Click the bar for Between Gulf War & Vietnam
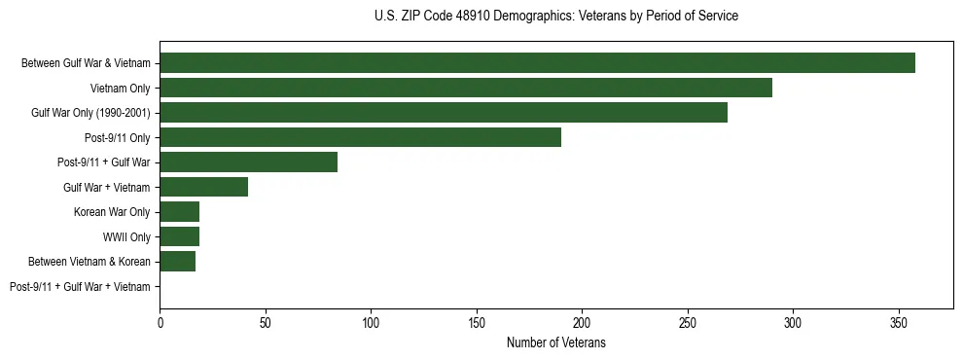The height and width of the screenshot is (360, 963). [537, 63]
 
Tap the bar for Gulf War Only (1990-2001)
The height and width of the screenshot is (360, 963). [444, 113]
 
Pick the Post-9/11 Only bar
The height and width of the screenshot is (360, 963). [360, 137]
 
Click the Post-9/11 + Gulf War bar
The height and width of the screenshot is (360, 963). [248, 162]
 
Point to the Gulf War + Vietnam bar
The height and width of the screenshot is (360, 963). [203, 187]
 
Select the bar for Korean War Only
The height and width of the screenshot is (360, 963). [179, 212]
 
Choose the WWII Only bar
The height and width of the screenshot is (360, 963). [179, 236]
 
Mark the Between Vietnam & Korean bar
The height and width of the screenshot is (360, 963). [177, 261]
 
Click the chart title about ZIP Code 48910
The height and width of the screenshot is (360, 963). [556, 17]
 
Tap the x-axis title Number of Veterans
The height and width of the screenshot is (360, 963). [556, 342]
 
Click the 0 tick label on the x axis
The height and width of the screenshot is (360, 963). [160, 322]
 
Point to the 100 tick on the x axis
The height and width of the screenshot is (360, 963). [371, 322]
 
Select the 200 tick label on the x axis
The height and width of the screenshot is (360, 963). [582, 322]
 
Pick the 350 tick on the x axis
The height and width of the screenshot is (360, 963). [898, 322]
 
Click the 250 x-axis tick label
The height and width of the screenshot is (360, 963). [687, 322]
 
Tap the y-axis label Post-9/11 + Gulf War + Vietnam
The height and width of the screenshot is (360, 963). [80, 286]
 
